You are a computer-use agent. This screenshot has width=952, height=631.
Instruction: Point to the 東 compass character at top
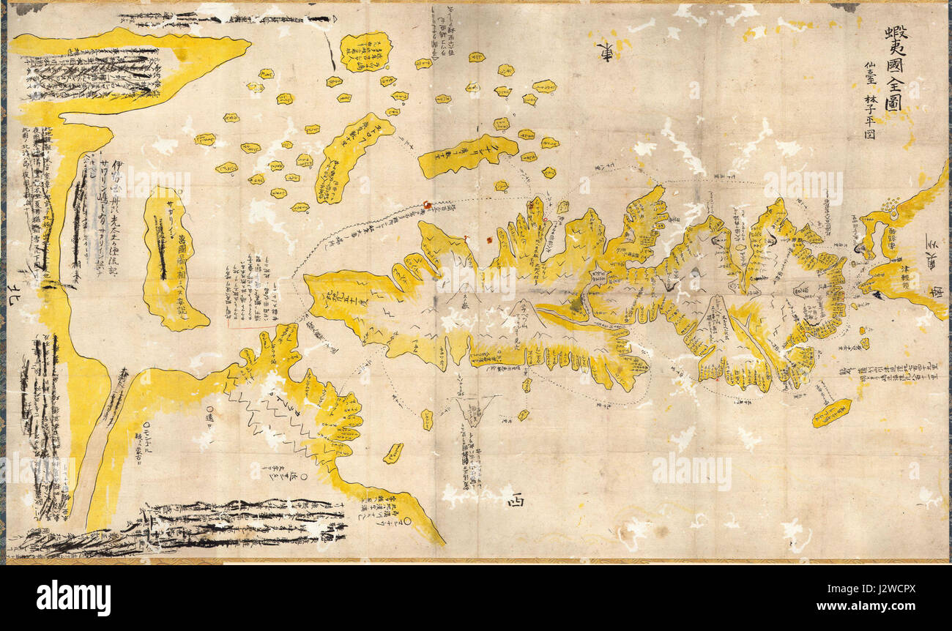tap(606, 52)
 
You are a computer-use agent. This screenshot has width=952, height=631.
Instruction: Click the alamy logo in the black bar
tap(73, 598)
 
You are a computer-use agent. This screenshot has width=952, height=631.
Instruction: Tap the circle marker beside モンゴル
tap(147, 424)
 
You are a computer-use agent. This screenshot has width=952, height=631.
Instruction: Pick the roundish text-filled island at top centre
tap(365, 52)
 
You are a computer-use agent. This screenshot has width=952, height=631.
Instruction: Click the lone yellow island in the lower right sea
tap(831, 412)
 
